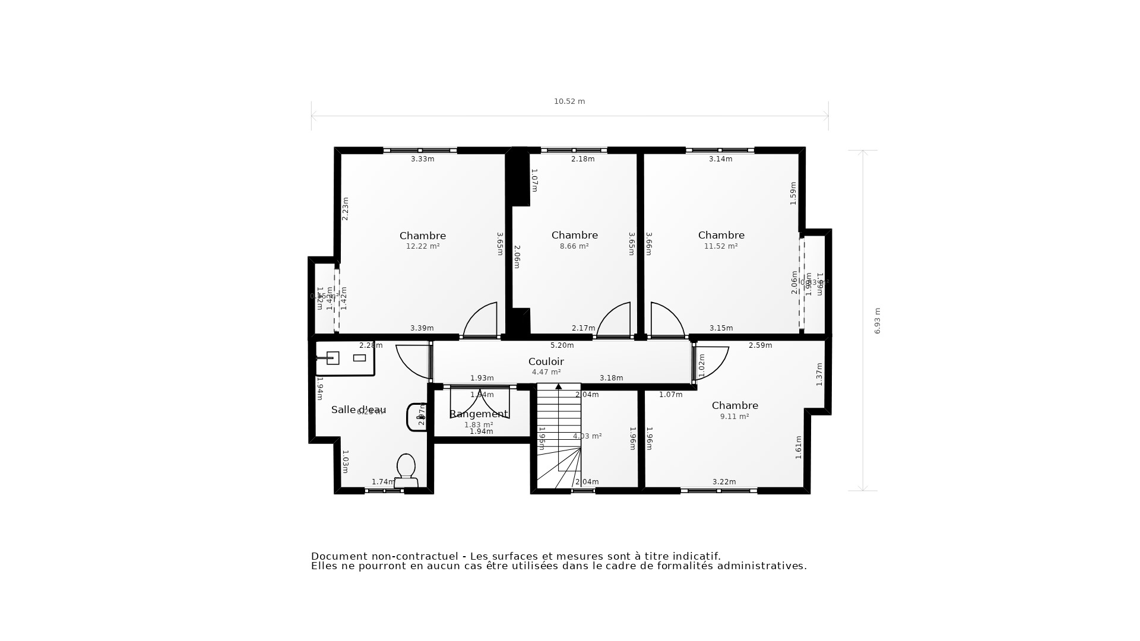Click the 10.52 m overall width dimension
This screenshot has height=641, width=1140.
point(569,101)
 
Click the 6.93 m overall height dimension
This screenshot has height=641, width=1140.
point(878,320)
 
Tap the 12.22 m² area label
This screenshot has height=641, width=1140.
point(423,246)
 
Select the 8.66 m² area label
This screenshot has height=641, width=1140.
point(574,246)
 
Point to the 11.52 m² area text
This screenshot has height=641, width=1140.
point(721,246)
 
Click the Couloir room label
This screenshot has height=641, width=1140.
point(546,361)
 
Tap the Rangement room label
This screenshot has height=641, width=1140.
point(479,414)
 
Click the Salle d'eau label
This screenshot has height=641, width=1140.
point(359,410)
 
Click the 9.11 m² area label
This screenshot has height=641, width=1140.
point(734,417)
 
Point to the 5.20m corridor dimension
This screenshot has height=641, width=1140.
point(562,345)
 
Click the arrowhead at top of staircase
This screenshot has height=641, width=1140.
point(558,387)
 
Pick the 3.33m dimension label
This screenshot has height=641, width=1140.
point(423,159)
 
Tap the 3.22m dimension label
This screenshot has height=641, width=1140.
point(724,482)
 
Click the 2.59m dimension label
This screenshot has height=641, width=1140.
point(760,345)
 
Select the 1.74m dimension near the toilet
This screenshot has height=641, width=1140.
point(383,482)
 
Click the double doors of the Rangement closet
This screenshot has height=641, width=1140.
point(480,402)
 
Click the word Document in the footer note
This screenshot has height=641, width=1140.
point(339,556)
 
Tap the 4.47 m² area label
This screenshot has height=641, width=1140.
point(546,372)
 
